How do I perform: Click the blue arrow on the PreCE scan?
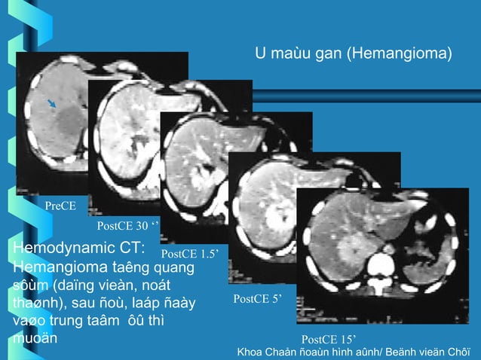tap(51, 103)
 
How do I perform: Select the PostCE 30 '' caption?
tap(127, 226)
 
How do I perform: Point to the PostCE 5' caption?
tap(257, 299)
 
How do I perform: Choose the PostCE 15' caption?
tap(328, 338)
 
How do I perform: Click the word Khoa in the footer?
tap(253, 352)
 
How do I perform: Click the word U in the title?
tap(261, 54)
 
